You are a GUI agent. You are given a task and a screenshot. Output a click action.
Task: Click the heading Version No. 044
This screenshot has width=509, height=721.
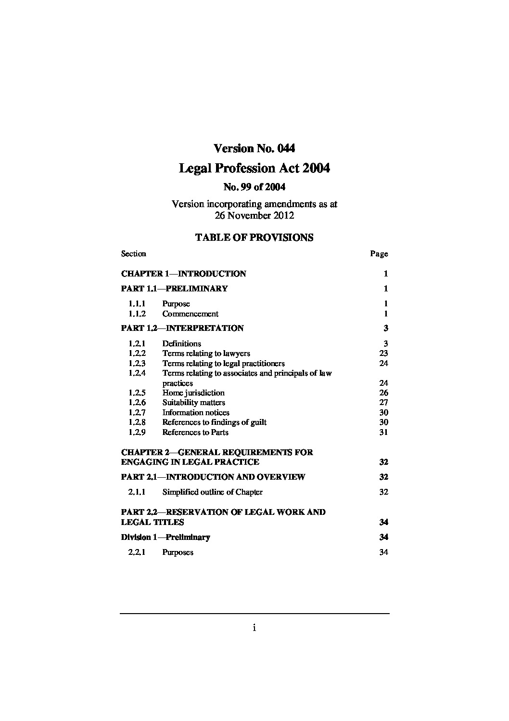point(254,148)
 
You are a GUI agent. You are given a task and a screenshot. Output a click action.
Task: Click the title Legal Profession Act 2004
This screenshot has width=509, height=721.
point(254,169)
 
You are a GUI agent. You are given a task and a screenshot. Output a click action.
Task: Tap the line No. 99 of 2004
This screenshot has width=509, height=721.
point(254,187)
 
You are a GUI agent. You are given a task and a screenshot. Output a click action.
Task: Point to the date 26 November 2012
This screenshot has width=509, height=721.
point(254,215)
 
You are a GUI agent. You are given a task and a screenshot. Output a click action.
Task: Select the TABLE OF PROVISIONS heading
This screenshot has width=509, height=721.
point(254,237)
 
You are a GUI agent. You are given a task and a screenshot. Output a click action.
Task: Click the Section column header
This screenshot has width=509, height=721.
point(134,254)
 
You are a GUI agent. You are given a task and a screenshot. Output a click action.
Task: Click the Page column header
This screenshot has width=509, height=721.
point(379,254)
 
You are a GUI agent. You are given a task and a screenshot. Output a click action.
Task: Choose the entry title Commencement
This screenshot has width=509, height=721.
point(190,314)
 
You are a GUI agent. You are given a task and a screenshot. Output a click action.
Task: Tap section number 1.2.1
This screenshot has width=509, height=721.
point(137,344)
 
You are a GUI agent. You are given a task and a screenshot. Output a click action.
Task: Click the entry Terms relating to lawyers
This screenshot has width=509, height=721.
point(206,354)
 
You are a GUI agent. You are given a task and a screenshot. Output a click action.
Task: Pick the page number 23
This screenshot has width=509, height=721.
point(383,354)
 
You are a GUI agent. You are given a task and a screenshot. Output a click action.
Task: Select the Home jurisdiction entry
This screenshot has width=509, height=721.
point(193,393)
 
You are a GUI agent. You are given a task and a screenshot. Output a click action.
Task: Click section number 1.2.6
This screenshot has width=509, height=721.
point(137,403)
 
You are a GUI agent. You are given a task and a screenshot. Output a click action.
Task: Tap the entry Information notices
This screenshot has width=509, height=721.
point(196,413)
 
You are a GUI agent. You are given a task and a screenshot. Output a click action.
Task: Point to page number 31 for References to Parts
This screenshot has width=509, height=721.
point(383,433)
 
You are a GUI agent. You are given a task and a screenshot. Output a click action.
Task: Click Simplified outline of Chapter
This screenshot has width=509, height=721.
point(212,492)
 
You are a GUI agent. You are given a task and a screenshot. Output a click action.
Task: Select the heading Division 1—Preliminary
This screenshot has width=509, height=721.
point(165,537)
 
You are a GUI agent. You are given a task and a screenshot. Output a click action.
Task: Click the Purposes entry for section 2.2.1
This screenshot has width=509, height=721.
point(178,552)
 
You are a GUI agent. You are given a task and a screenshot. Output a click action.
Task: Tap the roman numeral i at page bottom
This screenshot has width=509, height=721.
point(254,628)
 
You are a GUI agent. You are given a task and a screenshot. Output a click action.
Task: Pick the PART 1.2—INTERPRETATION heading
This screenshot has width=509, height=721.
point(182,328)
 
